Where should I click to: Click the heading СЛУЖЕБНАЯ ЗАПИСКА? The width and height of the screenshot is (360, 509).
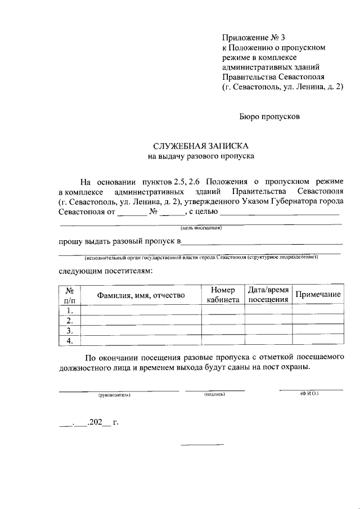pos(201,146)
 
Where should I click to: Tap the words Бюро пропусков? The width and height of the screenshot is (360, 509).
pos(267,118)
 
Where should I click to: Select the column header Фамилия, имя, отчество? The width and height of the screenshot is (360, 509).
pos(141,295)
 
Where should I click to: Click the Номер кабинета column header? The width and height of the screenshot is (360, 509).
pos(223,295)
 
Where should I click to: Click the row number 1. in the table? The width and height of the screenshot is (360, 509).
pos(70,310)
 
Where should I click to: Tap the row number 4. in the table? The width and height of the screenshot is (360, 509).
pos(70,340)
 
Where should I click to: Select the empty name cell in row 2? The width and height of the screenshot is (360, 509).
pos(141,321)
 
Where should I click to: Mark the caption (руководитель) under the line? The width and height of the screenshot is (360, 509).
pos(114,395)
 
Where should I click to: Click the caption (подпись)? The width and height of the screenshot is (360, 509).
pos(215,395)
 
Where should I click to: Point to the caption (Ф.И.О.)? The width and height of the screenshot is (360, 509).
pos(309,394)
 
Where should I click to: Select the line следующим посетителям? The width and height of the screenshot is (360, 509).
pos(105,271)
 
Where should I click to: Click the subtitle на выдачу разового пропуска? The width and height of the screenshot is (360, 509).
pos(201,156)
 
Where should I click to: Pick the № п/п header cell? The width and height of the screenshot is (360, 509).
pos(70,295)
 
